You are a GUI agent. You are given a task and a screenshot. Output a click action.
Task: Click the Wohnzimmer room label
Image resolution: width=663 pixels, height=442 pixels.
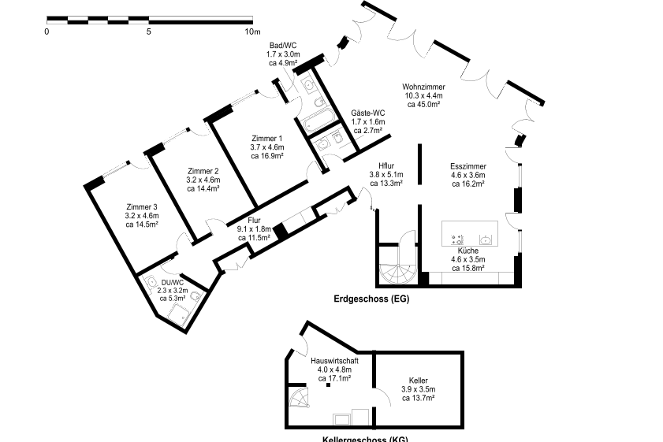click(423, 87)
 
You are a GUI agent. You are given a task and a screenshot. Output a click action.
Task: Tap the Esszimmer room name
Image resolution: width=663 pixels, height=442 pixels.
click(467, 166)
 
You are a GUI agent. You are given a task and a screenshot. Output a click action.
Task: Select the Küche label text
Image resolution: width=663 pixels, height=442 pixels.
click(467, 250)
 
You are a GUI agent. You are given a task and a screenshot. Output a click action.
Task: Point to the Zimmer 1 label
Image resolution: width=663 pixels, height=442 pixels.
click(266, 138)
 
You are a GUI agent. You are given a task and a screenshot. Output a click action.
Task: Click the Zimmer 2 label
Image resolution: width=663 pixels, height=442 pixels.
click(203, 171)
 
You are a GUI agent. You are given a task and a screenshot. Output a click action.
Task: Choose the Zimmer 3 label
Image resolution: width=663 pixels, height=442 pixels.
click(142, 206)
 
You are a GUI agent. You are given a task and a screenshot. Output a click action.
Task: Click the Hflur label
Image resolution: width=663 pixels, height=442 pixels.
click(386, 165)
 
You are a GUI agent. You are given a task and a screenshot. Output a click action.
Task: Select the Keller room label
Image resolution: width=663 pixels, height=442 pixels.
click(418, 380)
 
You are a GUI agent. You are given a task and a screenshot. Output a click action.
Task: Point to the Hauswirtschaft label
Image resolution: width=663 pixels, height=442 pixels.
click(334, 360)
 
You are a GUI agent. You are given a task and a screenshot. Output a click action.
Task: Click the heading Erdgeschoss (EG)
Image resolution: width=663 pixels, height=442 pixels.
click(371, 299)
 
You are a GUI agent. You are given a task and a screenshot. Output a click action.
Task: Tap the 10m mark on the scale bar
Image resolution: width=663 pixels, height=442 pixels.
click(251, 32)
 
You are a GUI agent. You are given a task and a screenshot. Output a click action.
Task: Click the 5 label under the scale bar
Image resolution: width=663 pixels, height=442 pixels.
click(148, 32)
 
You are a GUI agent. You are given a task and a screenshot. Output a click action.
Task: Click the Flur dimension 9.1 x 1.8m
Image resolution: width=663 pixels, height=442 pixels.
click(254, 228)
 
